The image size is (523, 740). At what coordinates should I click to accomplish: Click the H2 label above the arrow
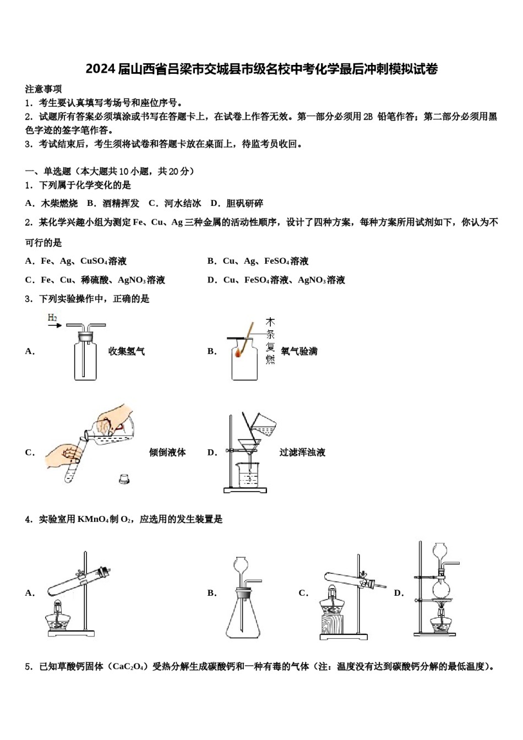pos(52,318)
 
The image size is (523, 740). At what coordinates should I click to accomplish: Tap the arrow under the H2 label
pos(55,326)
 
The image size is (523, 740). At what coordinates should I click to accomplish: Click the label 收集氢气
pos(126,351)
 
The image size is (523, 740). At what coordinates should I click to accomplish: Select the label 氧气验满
pos(299,351)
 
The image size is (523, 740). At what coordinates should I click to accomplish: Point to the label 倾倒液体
pos(167,452)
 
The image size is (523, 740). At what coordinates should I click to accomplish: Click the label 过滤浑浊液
pos(302,452)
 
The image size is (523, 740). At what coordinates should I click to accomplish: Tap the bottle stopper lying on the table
pos(125,479)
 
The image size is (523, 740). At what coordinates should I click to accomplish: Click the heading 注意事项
pos(43,89)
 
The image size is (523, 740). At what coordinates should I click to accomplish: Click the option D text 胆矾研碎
pos(244,203)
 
